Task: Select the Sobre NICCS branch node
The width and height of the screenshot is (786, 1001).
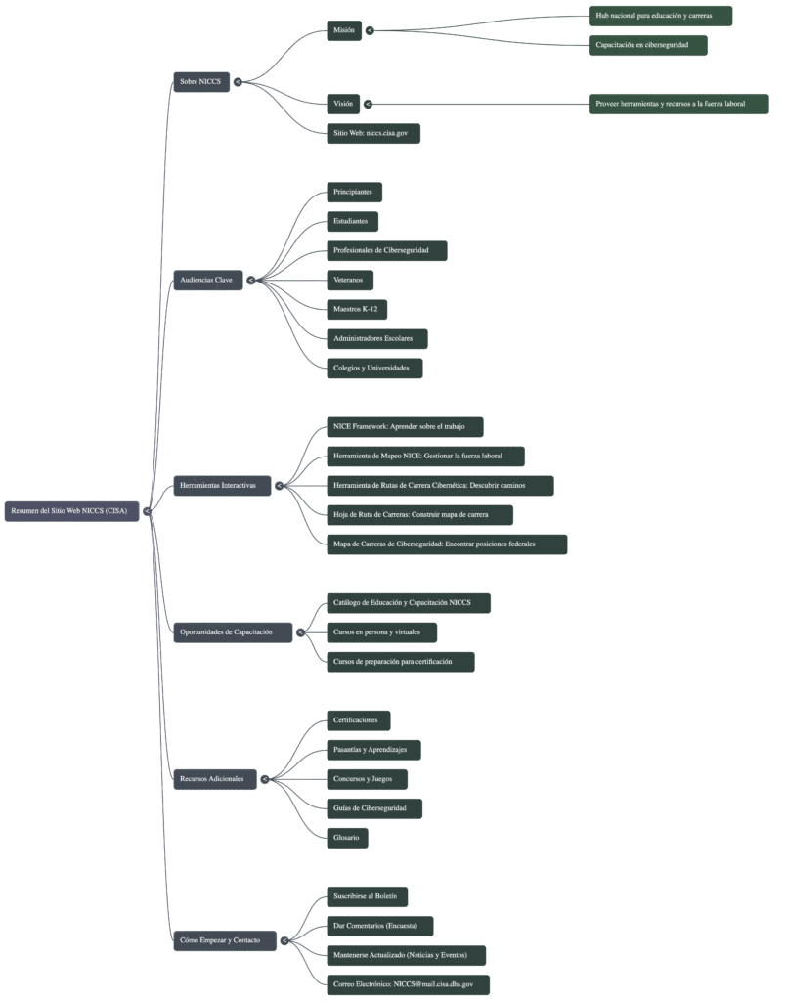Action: click(x=200, y=82)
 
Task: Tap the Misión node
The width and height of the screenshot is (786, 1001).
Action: click(x=343, y=30)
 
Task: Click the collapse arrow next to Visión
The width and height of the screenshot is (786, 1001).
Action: click(x=370, y=104)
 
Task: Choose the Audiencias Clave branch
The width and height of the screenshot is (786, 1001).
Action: click(x=206, y=280)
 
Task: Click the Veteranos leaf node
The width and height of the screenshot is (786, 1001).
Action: click(x=348, y=280)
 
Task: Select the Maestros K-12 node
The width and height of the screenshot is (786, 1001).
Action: click(x=355, y=309)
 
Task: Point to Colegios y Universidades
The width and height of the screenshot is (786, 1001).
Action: click(x=374, y=368)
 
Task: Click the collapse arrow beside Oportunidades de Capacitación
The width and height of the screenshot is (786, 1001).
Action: click(x=301, y=632)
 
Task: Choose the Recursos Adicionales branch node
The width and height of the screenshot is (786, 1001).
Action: click(x=212, y=779)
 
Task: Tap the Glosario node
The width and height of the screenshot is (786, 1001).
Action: click(x=346, y=838)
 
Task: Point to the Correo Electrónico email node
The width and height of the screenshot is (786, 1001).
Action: click(x=407, y=984)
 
